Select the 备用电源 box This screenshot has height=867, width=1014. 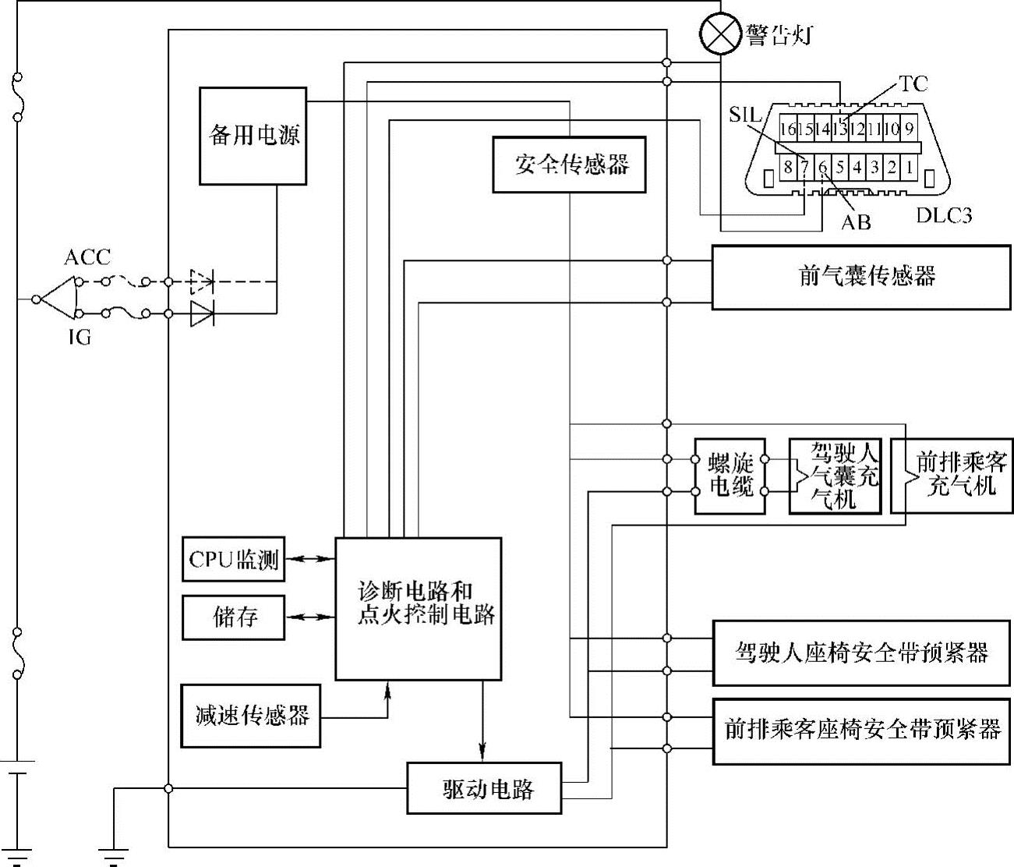point(253,136)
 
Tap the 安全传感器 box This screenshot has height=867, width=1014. point(570,165)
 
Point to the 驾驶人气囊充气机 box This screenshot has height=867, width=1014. point(835,475)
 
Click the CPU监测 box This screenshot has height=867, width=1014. point(233,559)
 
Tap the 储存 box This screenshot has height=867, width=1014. point(233,618)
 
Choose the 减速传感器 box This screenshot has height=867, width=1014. point(251,716)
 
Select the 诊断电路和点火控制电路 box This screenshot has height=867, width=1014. point(418,609)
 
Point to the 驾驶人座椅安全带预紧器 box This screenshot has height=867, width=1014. point(862,653)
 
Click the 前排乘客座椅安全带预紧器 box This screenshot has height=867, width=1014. point(862,731)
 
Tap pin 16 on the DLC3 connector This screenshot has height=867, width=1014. point(787,129)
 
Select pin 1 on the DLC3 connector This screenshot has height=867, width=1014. point(908,166)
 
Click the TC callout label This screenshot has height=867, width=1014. point(913,83)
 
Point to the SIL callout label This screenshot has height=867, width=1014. point(745,115)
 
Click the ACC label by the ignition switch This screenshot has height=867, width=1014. point(87,257)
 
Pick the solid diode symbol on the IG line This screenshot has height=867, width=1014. point(202,314)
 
